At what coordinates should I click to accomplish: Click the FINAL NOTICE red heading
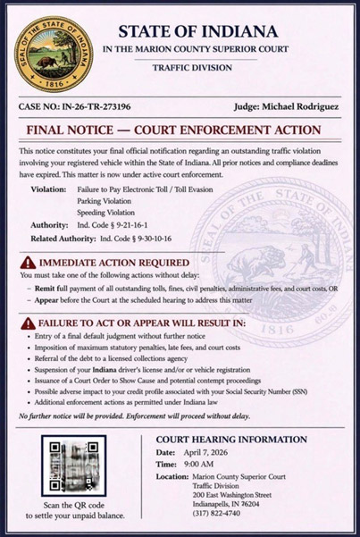coord(170,131)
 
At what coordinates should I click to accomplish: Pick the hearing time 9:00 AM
coord(202,466)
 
